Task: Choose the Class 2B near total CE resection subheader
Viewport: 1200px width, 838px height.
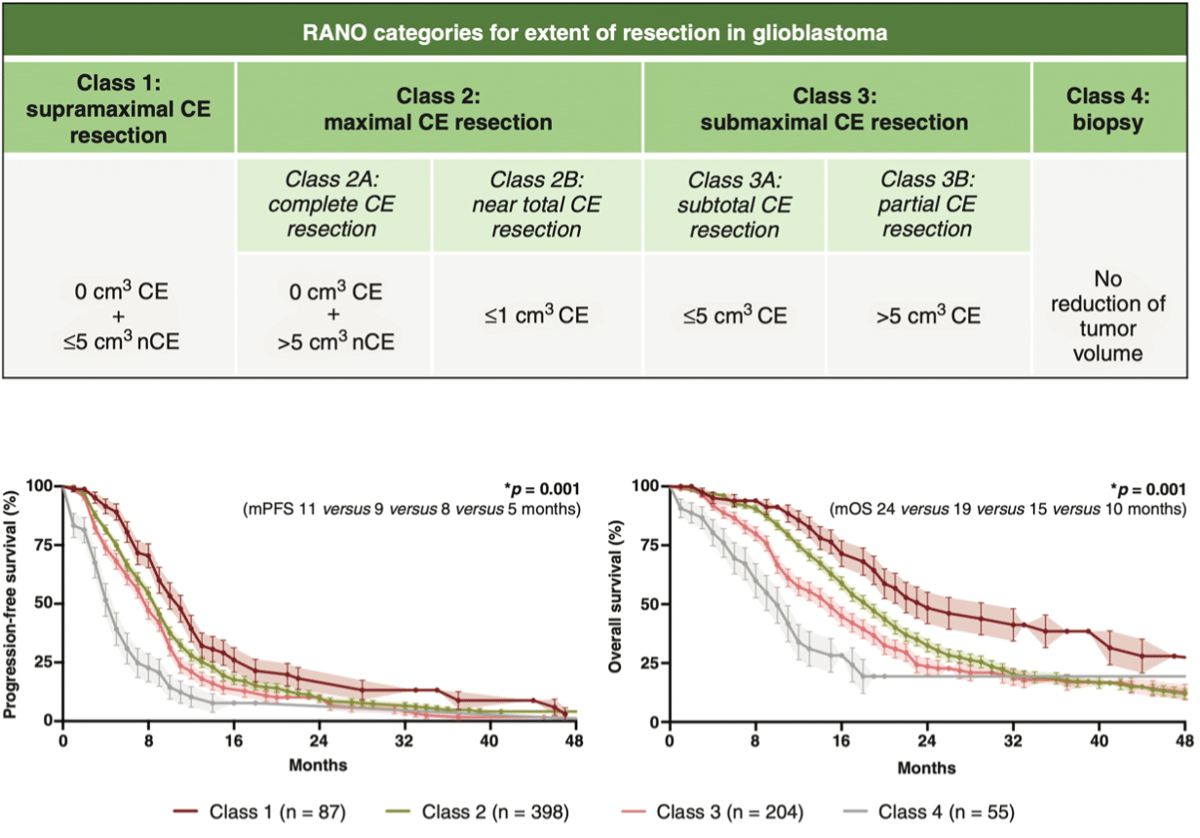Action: click(536, 205)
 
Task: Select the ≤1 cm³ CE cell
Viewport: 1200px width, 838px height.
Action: click(536, 315)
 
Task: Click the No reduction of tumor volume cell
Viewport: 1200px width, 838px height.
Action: click(1111, 316)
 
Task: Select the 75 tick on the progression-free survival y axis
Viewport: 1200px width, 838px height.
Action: click(40, 545)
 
